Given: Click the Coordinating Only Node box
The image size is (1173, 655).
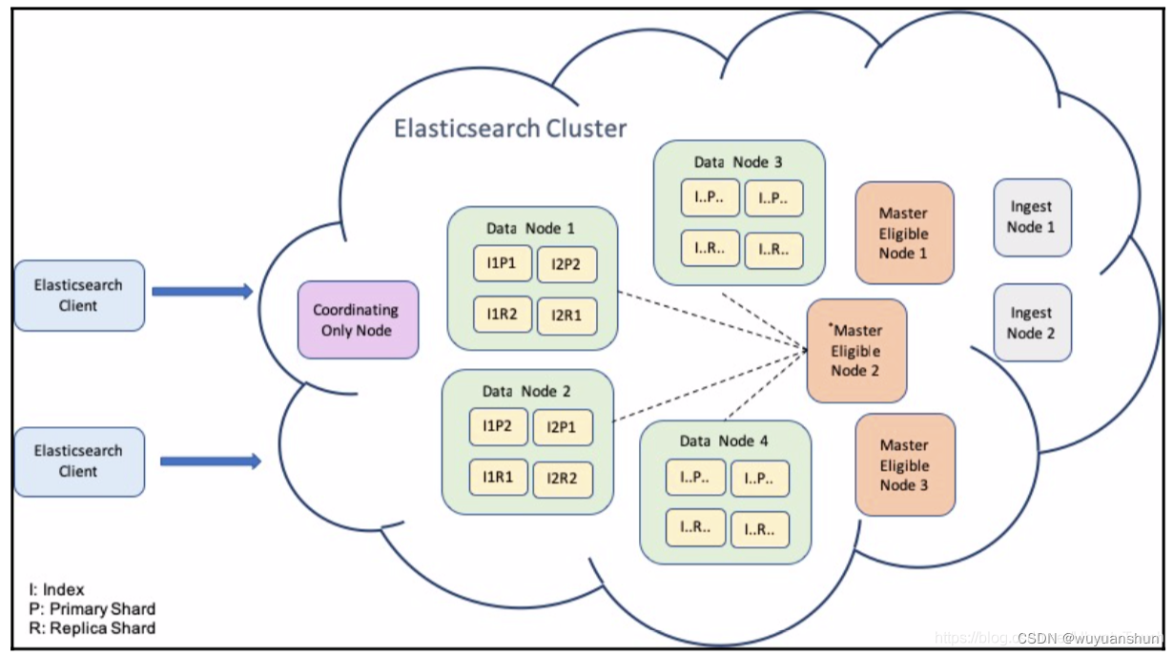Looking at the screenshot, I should pyautogui.click(x=358, y=319).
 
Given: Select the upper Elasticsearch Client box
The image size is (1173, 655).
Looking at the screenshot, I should pyautogui.click(x=79, y=296).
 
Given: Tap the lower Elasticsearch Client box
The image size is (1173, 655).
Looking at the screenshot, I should pyautogui.click(x=79, y=461).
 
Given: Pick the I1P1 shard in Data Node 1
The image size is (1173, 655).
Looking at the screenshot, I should pyautogui.click(x=502, y=264).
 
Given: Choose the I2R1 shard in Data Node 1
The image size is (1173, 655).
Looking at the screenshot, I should pyautogui.click(x=566, y=315).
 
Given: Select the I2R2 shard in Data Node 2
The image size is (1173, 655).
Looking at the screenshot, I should pyautogui.click(x=563, y=479).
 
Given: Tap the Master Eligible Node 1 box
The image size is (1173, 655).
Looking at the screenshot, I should pyautogui.click(x=904, y=234).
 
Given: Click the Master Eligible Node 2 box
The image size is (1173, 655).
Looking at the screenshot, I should pyautogui.click(x=855, y=350).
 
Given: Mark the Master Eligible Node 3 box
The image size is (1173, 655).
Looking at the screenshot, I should pyautogui.click(x=904, y=465).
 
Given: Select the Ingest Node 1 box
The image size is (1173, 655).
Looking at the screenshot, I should pyautogui.click(x=1032, y=217).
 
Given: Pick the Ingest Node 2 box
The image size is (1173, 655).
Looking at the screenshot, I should pyautogui.click(x=1032, y=322).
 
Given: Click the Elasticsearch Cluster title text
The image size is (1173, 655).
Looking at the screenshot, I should pyautogui.click(x=510, y=128).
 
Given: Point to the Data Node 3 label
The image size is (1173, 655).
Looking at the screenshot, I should pyautogui.click(x=737, y=162).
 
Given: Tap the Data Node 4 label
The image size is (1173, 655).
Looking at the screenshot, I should pyautogui.click(x=724, y=440).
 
